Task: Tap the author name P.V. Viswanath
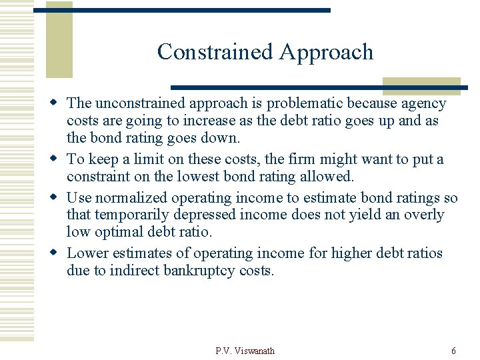point(245,351)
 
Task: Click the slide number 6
point(453,351)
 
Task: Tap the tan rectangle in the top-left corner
point(59,39)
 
